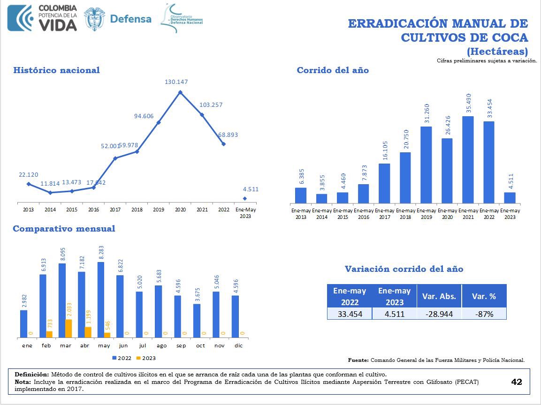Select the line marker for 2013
pyautogui.click(x=29, y=184)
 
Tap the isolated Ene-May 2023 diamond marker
pyautogui.click(x=245, y=198)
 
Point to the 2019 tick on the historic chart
pyautogui.click(x=159, y=210)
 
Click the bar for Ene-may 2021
pyautogui.click(x=468, y=159)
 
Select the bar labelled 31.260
pyautogui.click(x=426, y=165)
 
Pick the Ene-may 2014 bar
pyautogui.click(x=321, y=198)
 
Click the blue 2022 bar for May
pyautogui.click(x=101, y=300)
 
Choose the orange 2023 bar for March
pyautogui.click(x=68, y=328)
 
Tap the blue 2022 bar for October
pyautogui.click(x=197, y=321)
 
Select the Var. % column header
pyautogui.click(x=484, y=296)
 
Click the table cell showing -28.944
pyautogui.click(x=439, y=314)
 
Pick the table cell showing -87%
pyautogui.click(x=484, y=314)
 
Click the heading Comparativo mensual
pyautogui.click(x=64, y=229)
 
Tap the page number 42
pyautogui.click(x=516, y=382)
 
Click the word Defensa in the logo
pyautogui.click(x=130, y=19)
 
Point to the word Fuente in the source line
pyautogui.click(x=358, y=360)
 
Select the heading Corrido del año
pyautogui.click(x=333, y=70)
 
